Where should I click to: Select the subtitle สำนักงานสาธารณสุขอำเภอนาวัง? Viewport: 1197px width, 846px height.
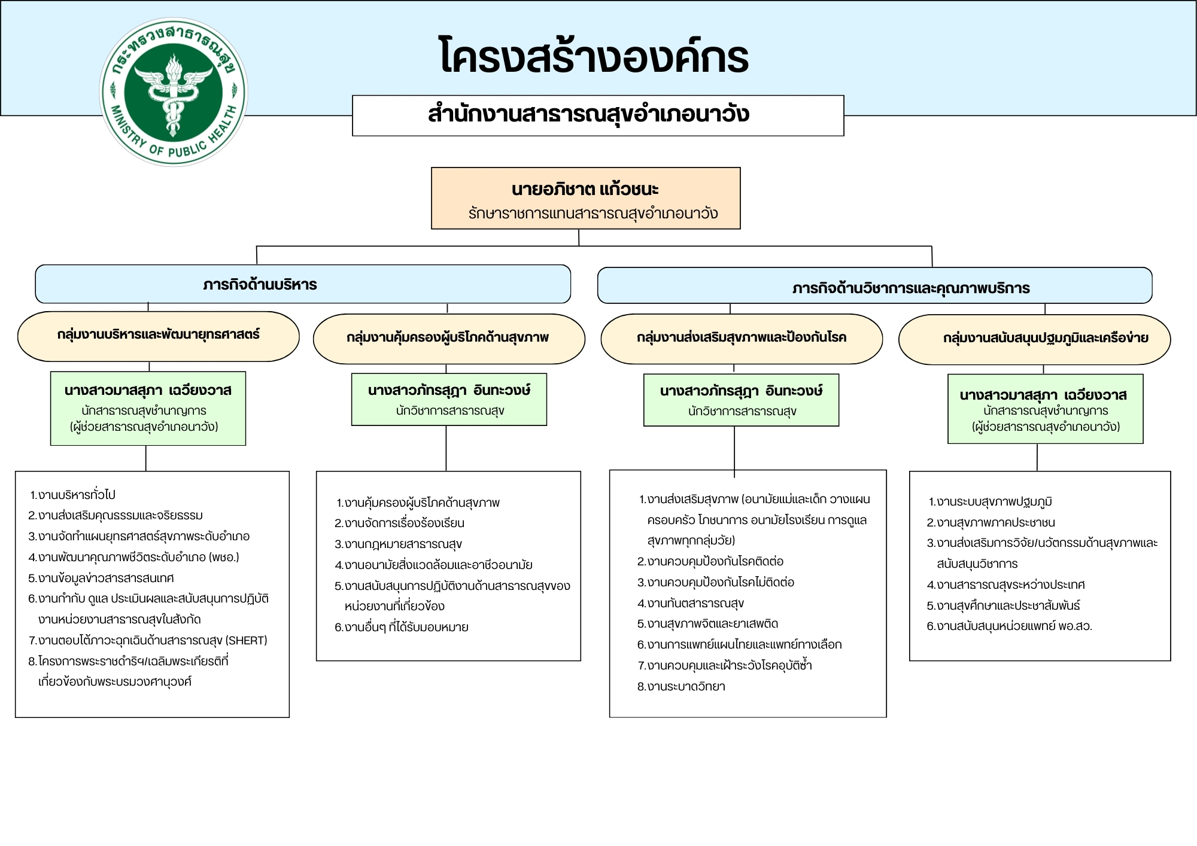click(x=589, y=114)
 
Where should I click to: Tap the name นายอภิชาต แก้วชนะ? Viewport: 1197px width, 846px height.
click(x=585, y=190)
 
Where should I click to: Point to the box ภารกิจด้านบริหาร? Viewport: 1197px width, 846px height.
click(x=260, y=285)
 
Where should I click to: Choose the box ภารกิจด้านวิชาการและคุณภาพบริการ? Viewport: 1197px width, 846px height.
click(x=910, y=288)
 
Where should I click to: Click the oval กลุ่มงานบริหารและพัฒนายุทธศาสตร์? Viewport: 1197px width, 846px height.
click(x=159, y=335)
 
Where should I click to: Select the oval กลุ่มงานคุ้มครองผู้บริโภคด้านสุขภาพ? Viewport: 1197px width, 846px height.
click(x=448, y=338)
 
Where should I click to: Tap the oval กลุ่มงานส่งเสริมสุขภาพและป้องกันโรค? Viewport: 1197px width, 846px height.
click(x=742, y=338)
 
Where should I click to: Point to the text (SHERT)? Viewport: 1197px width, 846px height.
click(x=246, y=641)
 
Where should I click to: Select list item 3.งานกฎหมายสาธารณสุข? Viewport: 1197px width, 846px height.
click(x=399, y=544)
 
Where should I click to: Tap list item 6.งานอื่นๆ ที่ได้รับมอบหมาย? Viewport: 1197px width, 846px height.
click(x=402, y=628)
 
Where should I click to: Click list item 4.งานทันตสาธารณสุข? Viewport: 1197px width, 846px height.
click(x=691, y=604)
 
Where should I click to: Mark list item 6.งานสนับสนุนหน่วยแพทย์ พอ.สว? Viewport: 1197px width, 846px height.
click(x=1010, y=626)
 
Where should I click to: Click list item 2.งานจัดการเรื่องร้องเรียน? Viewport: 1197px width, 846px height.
click(x=400, y=524)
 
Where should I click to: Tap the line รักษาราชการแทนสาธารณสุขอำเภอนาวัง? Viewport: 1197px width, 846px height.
click(x=593, y=214)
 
